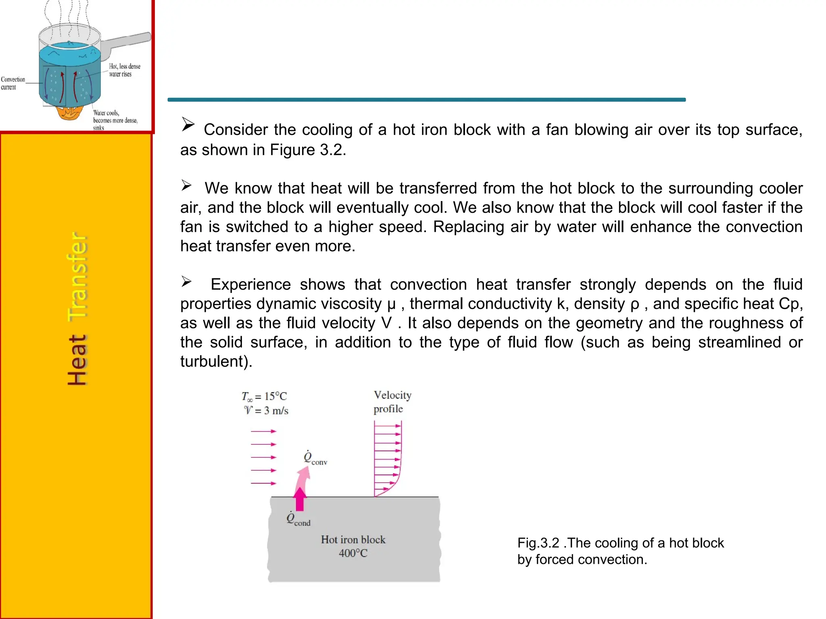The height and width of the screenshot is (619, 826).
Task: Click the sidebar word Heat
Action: pos(77,359)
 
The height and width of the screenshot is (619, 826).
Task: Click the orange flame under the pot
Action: pos(69,113)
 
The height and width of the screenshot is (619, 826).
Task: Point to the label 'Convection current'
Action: pos(13,83)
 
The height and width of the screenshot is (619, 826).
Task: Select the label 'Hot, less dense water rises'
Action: pos(124,70)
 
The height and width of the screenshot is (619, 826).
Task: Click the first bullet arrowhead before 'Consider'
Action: pos(188,124)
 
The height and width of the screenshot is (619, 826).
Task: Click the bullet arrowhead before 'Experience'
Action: pos(186,281)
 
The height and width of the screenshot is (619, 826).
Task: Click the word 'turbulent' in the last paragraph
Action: pos(212,361)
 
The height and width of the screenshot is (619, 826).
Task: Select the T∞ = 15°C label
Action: pos(264,397)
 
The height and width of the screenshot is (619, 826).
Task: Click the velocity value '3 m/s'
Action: pos(276,411)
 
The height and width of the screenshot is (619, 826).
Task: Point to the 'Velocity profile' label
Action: pos(392,402)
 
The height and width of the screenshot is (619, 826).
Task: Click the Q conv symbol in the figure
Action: pos(315,458)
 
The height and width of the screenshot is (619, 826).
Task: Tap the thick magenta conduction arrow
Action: pos(300,500)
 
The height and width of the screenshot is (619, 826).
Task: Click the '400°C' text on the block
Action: pos(353,553)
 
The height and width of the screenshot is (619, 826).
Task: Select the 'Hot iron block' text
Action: pos(353,540)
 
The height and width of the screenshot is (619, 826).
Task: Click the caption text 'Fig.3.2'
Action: pos(538,543)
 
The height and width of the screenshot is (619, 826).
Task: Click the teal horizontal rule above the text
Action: pos(426,100)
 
